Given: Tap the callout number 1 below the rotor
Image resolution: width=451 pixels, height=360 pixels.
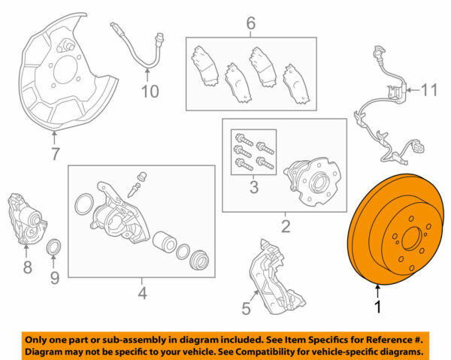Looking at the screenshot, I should (379, 307).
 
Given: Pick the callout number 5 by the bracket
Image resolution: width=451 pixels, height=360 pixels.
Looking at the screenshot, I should (250, 24).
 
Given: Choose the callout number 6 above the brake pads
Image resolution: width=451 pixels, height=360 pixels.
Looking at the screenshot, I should (55, 156).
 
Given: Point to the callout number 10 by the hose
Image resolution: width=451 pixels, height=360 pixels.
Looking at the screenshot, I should (428, 90).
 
